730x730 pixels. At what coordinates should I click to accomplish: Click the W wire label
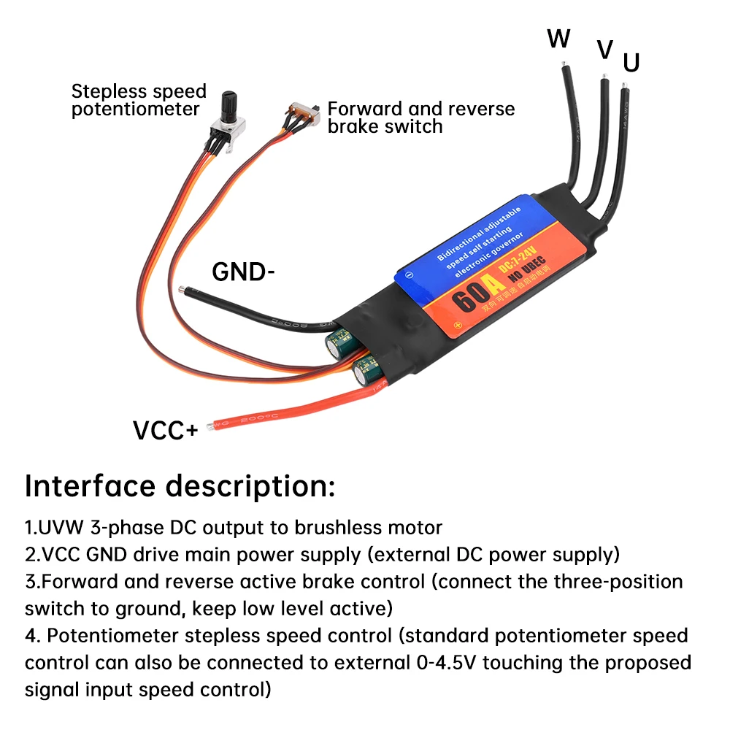tap(558, 39)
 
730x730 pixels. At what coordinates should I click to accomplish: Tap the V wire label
tap(604, 50)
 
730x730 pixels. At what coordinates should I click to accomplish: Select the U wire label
tap(631, 64)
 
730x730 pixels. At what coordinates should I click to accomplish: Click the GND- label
tap(243, 272)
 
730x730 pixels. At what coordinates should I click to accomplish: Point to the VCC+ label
tap(165, 431)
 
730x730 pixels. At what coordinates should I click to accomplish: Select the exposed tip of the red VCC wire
tap(211, 425)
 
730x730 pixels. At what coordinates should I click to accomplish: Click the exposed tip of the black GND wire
tap(188, 291)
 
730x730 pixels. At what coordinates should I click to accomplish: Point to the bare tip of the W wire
tap(564, 68)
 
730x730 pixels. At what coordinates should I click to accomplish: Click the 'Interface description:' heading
tap(180, 485)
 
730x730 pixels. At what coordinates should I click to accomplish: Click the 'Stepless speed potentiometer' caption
tap(139, 101)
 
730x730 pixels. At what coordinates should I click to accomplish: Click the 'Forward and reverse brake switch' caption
tap(420, 118)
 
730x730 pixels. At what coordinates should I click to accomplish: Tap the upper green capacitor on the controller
tap(340, 340)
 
